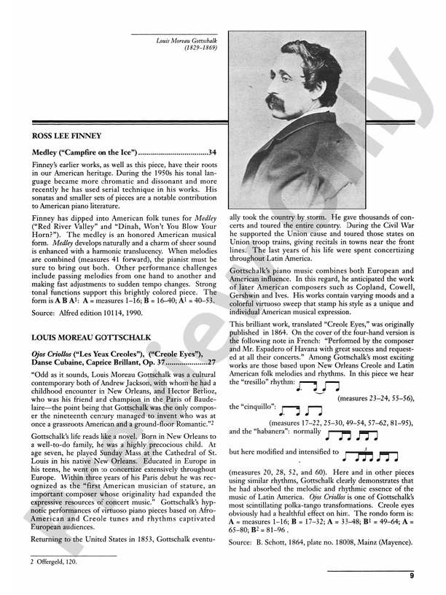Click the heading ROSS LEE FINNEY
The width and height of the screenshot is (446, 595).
click(x=67, y=136)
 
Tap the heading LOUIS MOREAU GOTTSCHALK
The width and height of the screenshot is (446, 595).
click(x=92, y=338)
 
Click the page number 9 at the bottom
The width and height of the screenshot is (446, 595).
click(x=412, y=576)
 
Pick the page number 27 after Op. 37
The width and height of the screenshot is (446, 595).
click(x=211, y=362)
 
